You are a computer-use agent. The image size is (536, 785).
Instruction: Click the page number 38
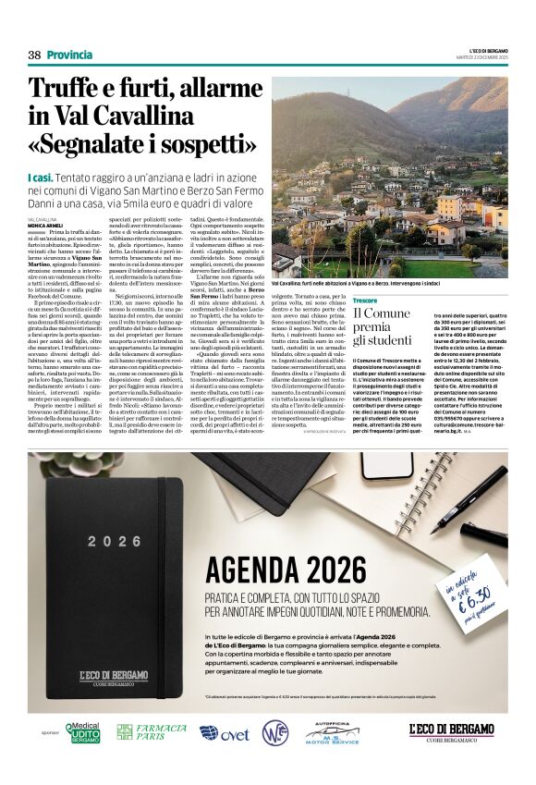tap(34, 55)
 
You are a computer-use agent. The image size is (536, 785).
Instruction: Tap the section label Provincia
tap(69, 55)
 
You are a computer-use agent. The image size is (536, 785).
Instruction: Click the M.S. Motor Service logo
tap(333, 733)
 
